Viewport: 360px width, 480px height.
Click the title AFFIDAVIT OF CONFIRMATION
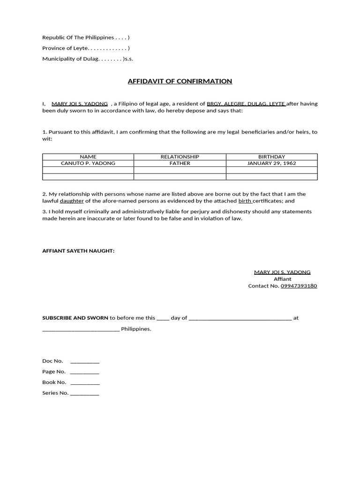click(180, 81)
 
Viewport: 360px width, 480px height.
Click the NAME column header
click(88, 157)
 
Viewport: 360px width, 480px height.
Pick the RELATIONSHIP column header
click(180, 157)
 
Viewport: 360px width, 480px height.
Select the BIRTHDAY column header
click(271, 157)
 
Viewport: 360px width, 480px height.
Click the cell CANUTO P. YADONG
click(88, 163)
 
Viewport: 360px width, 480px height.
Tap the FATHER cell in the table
click(180, 163)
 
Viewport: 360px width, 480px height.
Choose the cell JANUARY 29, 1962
click(271, 163)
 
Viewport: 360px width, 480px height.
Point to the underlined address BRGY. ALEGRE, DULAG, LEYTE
click(246, 104)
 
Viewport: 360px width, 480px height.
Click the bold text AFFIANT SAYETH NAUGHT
click(78, 251)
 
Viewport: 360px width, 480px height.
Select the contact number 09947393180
click(299, 285)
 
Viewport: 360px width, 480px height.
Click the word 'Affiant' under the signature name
click(282, 279)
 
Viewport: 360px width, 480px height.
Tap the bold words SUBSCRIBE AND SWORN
click(75, 318)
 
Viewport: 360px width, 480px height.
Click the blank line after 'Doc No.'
click(85, 361)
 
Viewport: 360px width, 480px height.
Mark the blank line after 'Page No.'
click(85, 372)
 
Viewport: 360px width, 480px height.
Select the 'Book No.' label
click(54, 382)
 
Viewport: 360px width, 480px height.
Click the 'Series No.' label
click(55, 393)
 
